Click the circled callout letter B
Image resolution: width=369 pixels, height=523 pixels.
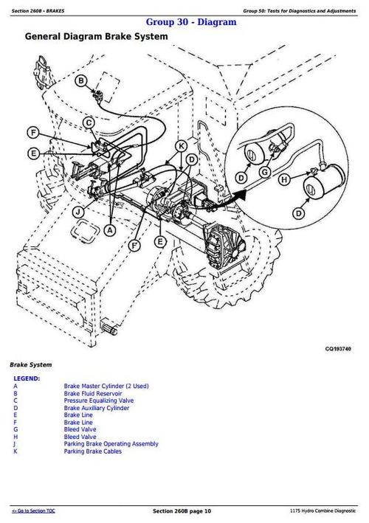tap(82, 81)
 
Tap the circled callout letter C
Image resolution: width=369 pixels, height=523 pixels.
tap(89, 122)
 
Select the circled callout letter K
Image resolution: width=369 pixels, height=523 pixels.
tap(182, 146)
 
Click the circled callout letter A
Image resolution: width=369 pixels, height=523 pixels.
tap(110, 230)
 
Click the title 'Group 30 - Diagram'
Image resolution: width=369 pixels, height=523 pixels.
tap(191, 22)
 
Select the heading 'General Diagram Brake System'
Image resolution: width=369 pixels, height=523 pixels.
tap(96, 36)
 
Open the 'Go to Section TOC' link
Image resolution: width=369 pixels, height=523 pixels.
tap(37, 510)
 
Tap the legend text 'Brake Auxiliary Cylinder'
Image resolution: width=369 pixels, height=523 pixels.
tap(96, 408)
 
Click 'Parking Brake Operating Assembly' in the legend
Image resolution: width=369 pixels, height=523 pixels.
tap(111, 443)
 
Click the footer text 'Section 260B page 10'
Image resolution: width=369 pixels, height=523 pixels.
tap(182, 511)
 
